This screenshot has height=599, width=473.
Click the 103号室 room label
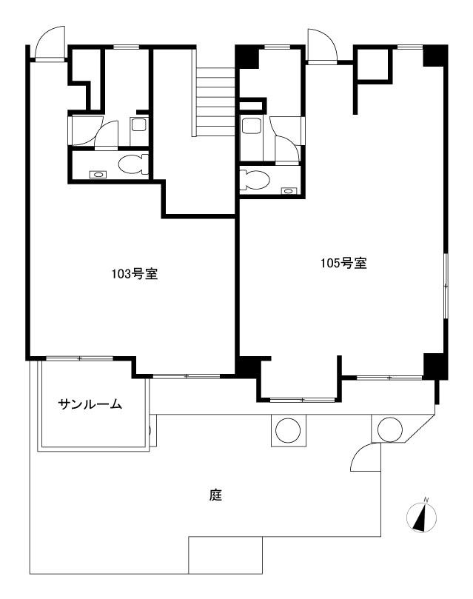tap(135, 274)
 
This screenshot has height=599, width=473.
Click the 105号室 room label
tap(343, 263)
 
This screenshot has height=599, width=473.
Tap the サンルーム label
tap(90, 404)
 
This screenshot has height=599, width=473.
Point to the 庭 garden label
tap(215, 495)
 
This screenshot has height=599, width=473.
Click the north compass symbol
tap(421, 517)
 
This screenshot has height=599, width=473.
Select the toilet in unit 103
tap(133, 164)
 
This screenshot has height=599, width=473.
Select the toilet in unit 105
tap(255, 179)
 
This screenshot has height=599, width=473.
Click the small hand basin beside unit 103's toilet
tap(98, 175)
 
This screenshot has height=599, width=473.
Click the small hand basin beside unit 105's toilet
tap(289, 191)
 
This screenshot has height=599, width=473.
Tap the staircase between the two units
tap(215, 101)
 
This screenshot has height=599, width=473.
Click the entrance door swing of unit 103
tap(50, 42)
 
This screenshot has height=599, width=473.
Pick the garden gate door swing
tap(366, 457)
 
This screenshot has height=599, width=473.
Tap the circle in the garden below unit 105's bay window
tap(289, 430)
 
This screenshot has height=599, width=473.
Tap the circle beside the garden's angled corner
tap(390, 429)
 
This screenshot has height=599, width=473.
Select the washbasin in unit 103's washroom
tap(138, 124)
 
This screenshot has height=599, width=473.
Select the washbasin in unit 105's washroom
tap(250, 126)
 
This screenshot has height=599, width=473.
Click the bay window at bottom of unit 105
tap(303, 400)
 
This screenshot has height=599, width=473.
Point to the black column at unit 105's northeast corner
tap(435, 56)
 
